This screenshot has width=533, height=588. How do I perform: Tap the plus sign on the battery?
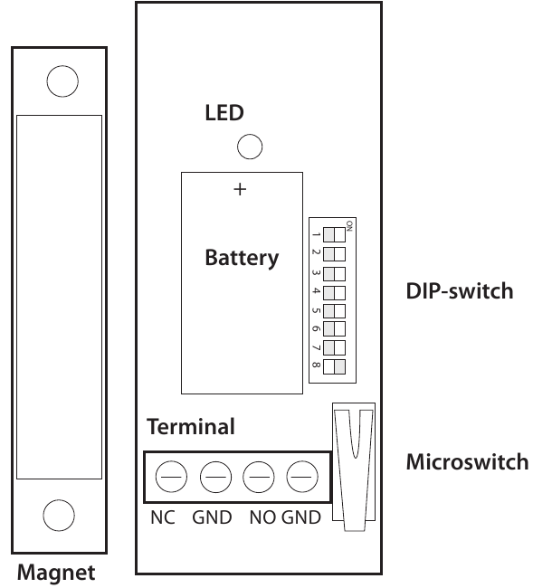tap(240, 189)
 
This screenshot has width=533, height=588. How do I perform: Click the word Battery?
tap(242, 258)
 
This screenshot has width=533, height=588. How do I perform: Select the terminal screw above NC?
tap(171, 477)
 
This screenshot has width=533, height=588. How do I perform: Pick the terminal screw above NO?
tap(259, 477)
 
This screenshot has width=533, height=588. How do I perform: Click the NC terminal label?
tap(163, 517)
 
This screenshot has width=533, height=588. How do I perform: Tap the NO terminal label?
tap(263, 517)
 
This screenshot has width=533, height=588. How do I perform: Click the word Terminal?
tap(191, 427)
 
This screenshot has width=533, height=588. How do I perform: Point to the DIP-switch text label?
tap(460, 291)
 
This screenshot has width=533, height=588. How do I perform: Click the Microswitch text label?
tap(467, 461)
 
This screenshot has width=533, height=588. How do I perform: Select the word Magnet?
tap(56, 573)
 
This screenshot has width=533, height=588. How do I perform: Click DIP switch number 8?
tap(334, 366)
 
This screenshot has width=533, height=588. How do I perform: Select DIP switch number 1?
tap(334, 235)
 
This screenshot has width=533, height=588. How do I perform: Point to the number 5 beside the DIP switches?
tap(316, 310)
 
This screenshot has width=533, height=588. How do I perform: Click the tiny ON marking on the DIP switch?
tap(349, 225)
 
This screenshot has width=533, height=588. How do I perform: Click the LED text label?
tap(224, 112)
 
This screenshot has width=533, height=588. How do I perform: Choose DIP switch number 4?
tap(334, 292)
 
